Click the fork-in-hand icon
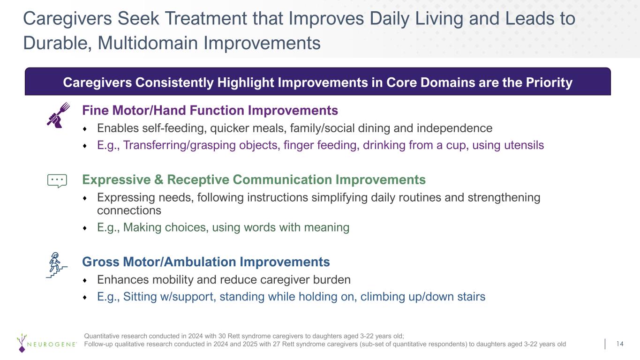(x=58, y=115)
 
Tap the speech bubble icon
(x=57, y=181)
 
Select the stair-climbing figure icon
(x=57, y=265)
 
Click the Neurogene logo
(x=46, y=343)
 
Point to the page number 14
(x=620, y=344)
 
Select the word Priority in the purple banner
(x=549, y=82)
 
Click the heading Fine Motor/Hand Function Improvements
(x=210, y=111)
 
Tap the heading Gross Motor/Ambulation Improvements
(x=206, y=262)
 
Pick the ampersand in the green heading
(x=158, y=180)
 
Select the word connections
(x=129, y=210)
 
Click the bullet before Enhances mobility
(x=84, y=281)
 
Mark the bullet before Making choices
(x=84, y=228)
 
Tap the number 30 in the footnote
(x=222, y=336)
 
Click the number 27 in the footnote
(x=277, y=344)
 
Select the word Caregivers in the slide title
(x=68, y=19)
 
